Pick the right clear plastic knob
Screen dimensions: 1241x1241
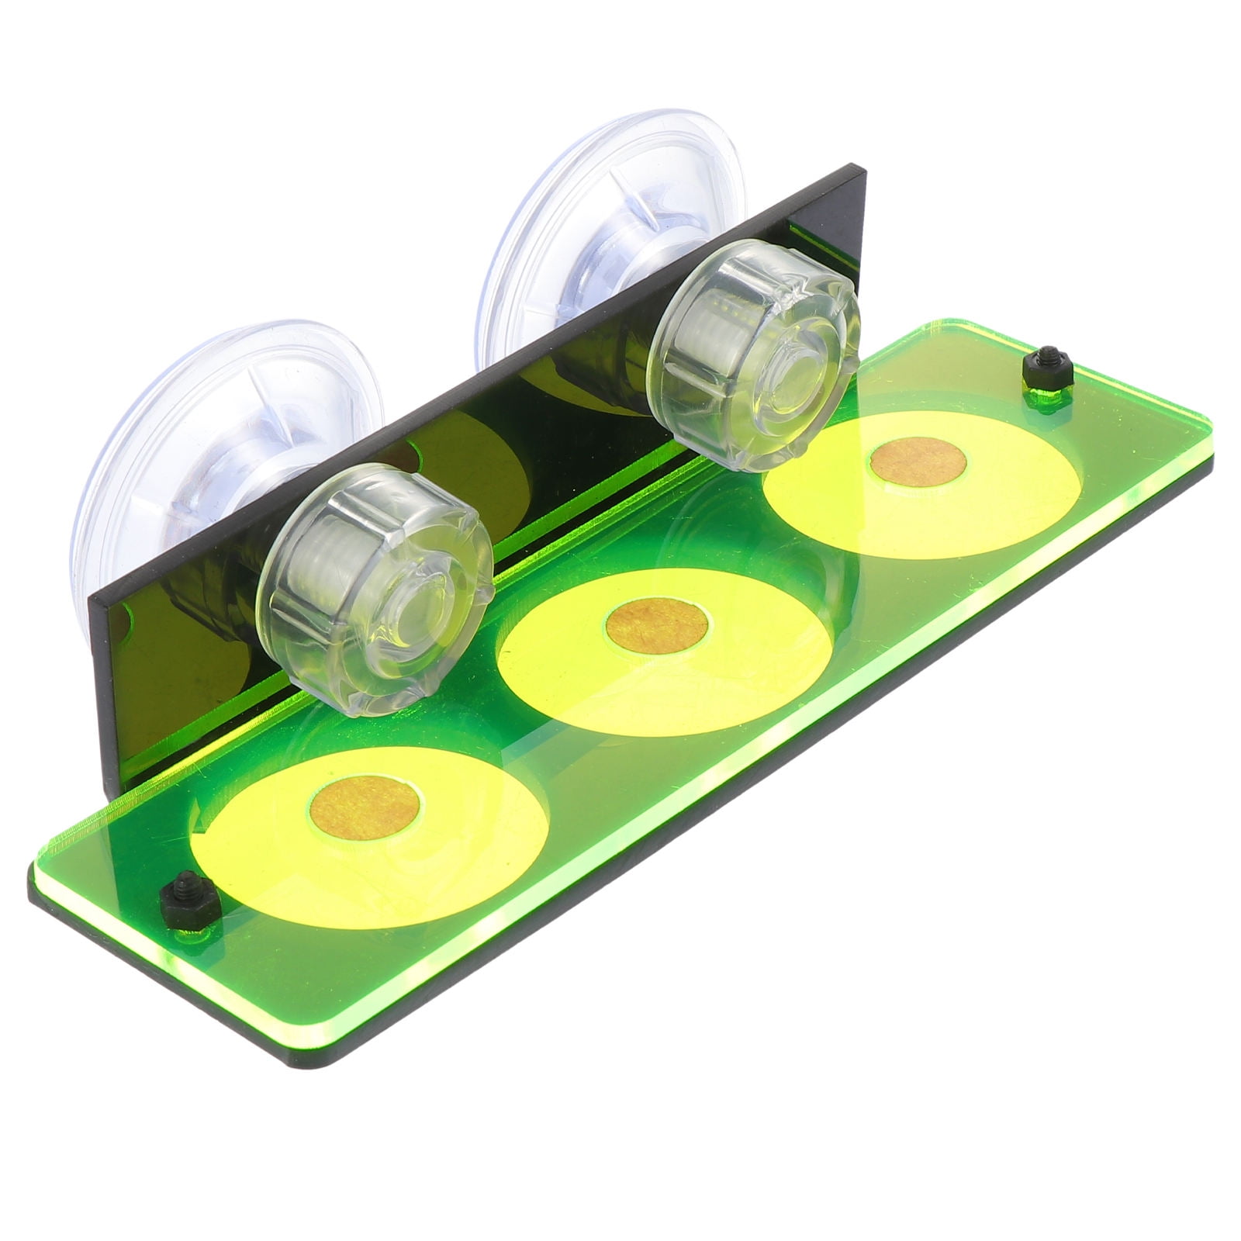(x=756, y=354)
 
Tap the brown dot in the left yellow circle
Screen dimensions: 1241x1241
(x=365, y=812)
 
